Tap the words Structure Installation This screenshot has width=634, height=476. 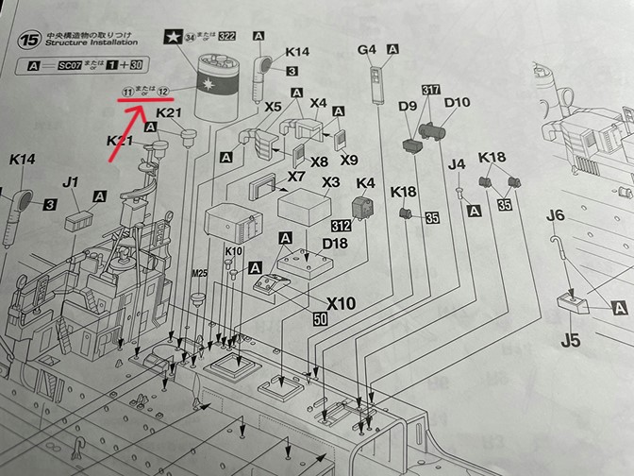(x=91, y=43)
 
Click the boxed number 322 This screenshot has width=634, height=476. (x=226, y=37)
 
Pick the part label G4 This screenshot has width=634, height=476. (x=368, y=49)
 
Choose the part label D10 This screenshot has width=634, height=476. (x=457, y=103)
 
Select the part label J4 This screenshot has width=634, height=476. (x=458, y=164)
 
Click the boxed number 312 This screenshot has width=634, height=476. (x=341, y=227)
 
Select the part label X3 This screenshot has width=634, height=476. (x=331, y=181)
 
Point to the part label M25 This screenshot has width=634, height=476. (x=198, y=273)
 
